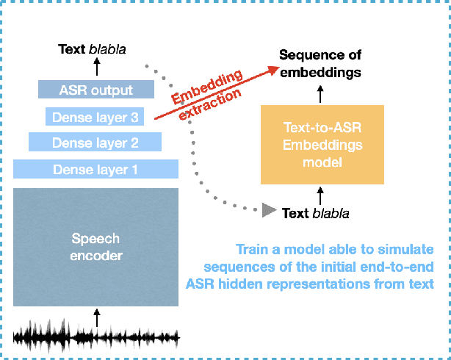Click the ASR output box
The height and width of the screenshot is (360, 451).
(x=95, y=90)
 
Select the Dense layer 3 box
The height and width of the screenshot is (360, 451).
(x=95, y=116)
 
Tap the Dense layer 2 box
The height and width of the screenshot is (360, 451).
(x=95, y=142)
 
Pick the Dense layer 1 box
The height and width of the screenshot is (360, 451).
(x=95, y=169)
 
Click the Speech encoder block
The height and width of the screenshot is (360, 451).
(x=95, y=247)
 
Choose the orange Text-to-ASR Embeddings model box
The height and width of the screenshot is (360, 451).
(x=322, y=145)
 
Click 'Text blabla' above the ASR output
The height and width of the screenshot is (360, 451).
(x=93, y=51)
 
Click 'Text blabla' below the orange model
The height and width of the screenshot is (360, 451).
(x=316, y=213)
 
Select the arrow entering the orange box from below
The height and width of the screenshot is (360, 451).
(x=320, y=195)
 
